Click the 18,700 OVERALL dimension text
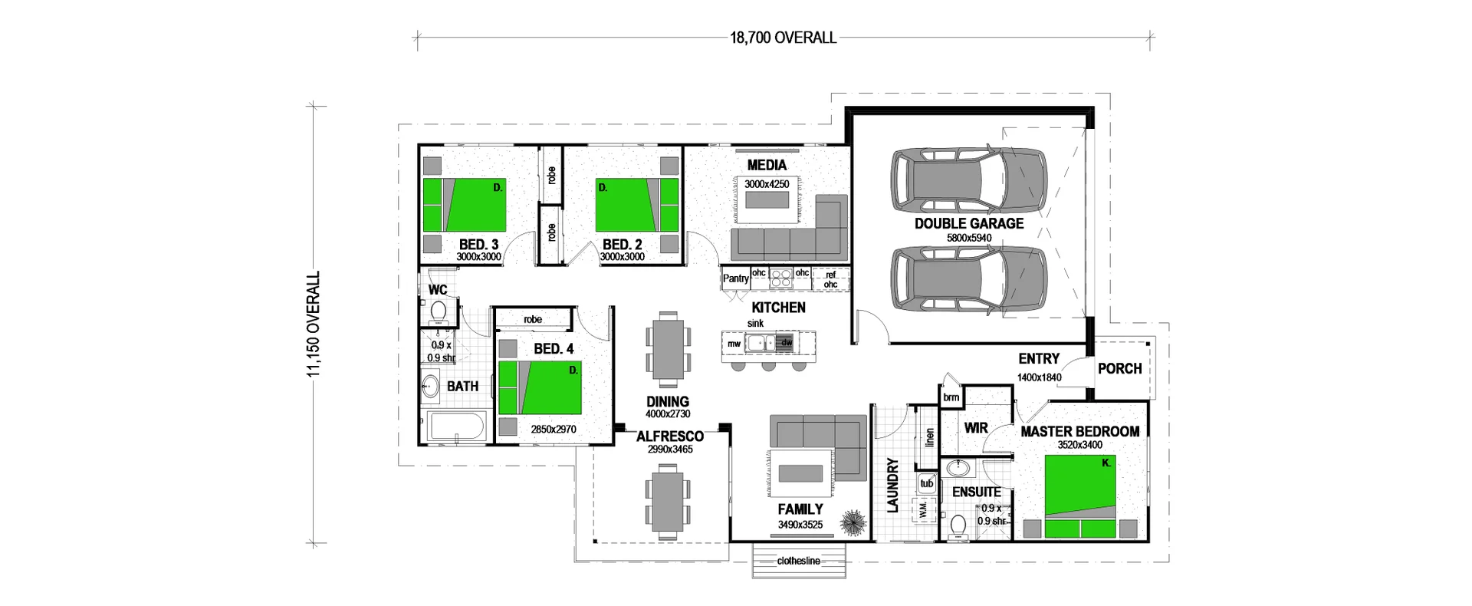pyautogui.click(x=783, y=38)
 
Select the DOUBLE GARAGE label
pyautogui.click(x=969, y=223)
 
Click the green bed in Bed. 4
pyautogui.click(x=540, y=387)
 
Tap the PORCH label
pyautogui.click(x=1119, y=368)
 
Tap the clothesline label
pyautogui.click(x=798, y=561)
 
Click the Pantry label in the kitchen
pyautogui.click(x=735, y=278)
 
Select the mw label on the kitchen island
pyautogui.click(x=734, y=344)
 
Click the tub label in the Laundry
pyautogui.click(x=927, y=483)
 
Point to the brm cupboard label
pyautogui.click(x=951, y=397)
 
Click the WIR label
pyautogui.click(x=976, y=428)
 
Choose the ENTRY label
pyautogui.click(x=1039, y=358)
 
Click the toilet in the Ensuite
pyautogui.click(x=957, y=527)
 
